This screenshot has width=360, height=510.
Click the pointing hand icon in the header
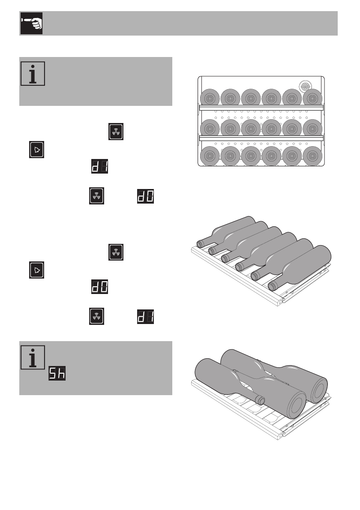click(x=31, y=24)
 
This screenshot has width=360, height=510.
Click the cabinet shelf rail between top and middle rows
click(x=261, y=108)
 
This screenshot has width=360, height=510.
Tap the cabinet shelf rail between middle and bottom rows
click(x=261, y=138)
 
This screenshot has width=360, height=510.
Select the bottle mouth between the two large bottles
click(x=259, y=399)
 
